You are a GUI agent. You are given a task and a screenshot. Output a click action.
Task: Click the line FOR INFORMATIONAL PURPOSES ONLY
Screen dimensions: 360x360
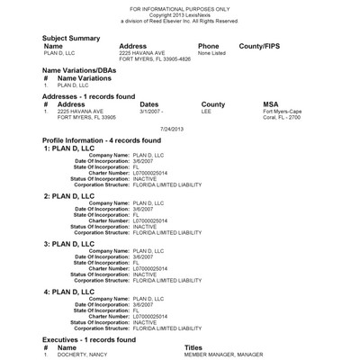tap(180, 5)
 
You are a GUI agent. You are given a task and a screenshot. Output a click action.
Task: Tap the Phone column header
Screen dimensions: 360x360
tap(209, 46)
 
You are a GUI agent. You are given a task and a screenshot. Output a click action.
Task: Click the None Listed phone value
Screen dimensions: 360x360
tap(211, 54)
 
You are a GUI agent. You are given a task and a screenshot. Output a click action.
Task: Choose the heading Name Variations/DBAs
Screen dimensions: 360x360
tap(85, 70)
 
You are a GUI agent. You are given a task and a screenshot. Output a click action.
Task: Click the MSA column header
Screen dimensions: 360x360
tap(271, 104)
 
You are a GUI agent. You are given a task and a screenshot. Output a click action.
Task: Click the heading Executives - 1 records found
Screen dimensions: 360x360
tap(89, 339)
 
